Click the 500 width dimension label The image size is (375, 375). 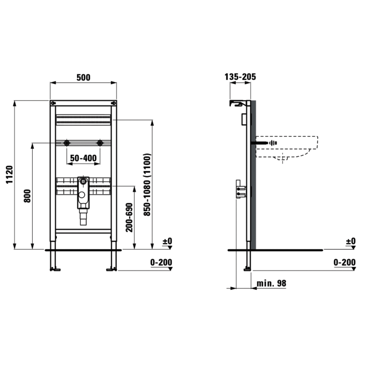(x=83, y=77)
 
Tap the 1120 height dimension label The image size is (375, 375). (x=9, y=175)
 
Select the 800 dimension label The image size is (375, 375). (x=27, y=196)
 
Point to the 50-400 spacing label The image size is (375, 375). (x=83, y=158)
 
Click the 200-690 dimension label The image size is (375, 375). (x=129, y=217)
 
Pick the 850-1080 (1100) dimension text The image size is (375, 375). (x=147, y=185)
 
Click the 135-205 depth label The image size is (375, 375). (x=240, y=77)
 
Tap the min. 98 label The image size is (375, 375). (x=271, y=283)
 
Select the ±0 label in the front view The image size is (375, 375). (x=167, y=241)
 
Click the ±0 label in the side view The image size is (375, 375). (x=350, y=241)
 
